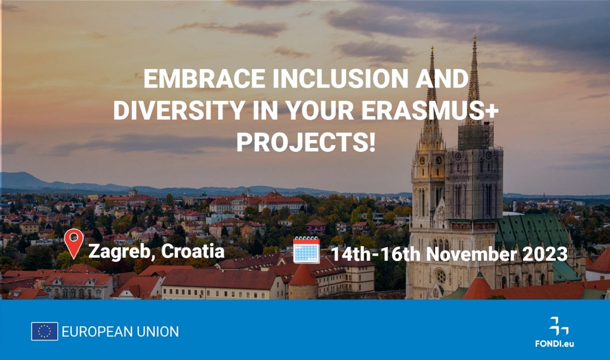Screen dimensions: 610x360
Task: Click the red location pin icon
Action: (x=73, y=244)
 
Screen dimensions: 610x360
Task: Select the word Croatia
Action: (x=192, y=251)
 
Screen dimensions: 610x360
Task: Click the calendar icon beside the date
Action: (x=307, y=250)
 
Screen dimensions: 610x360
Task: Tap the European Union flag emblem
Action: (x=44, y=331)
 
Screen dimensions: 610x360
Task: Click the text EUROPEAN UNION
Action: (x=120, y=331)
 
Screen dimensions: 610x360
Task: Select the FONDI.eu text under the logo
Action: (x=554, y=344)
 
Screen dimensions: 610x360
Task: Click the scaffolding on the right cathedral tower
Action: (x=476, y=136)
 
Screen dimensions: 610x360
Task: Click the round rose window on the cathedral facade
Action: (x=440, y=276)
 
